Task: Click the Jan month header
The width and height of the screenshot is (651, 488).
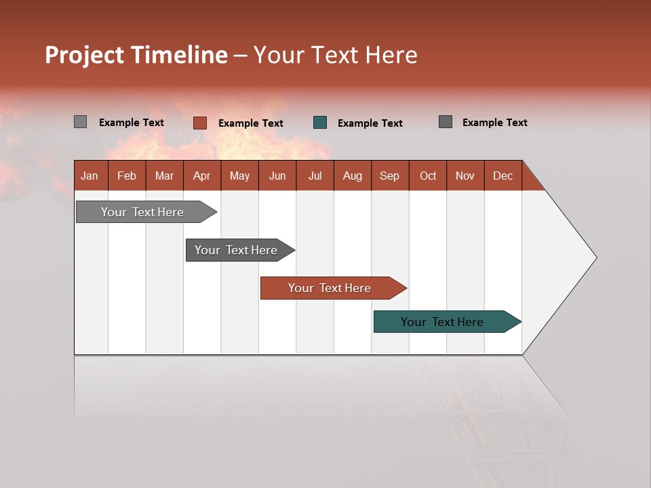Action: click(90, 176)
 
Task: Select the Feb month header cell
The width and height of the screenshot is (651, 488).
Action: click(127, 176)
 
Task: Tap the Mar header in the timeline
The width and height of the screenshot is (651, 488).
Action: click(164, 176)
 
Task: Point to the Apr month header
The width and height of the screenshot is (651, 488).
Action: click(201, 176)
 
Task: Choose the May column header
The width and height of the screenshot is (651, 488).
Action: click(239, 176)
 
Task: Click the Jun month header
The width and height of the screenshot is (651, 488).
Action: click(277, 176)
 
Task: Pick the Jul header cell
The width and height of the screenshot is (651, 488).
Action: click(315, 176)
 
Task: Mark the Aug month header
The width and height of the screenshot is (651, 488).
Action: click(352, 176)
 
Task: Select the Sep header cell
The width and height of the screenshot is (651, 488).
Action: click(389, 176)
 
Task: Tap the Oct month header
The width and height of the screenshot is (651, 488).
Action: click(428, 176)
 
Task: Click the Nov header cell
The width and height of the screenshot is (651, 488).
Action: click(465, 176)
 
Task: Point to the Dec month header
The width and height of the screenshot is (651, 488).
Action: click(502, 176)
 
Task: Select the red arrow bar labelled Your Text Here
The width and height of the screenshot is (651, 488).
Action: click(330, 288)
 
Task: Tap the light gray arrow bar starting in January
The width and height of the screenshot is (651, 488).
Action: click(143, 212)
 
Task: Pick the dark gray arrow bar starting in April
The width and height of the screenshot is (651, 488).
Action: click(237, 250)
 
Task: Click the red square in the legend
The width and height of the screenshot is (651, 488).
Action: click(199, 123)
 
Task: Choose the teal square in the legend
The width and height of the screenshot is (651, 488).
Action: click(320, 123)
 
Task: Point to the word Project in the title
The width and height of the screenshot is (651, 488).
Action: click(85, 55)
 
